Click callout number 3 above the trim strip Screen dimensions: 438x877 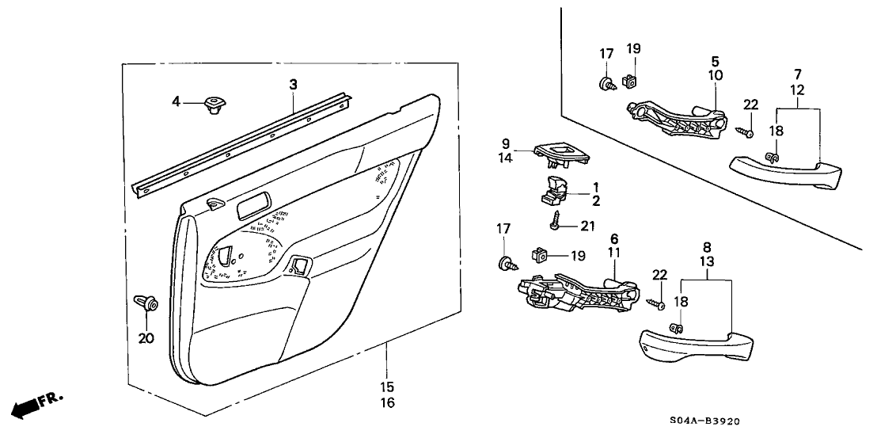point(293,83)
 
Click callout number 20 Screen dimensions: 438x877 point(146,339)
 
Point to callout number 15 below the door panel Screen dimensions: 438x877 point(387,388)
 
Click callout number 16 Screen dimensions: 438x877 point(387,402)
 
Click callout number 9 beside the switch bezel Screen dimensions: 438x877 point(505,143)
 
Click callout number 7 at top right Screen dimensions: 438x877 point(798,74)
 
